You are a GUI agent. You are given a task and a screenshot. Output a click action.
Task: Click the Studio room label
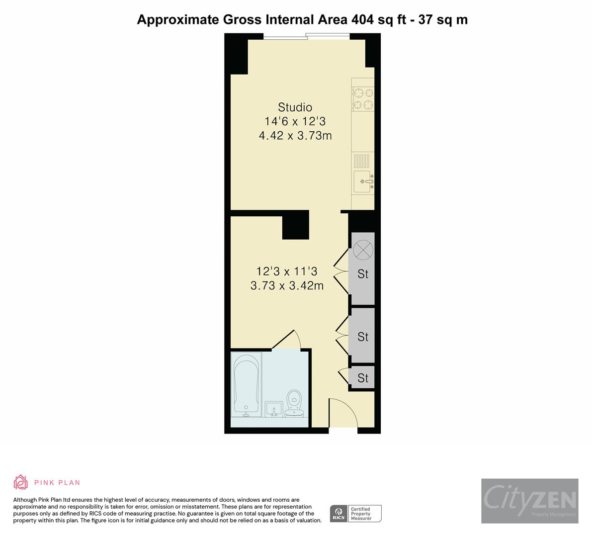[x=295, y=107]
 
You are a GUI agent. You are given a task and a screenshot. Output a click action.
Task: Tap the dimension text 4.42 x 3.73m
[x=295, y=135]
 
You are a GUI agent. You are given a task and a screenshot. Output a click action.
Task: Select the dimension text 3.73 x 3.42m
[x=287, y=285]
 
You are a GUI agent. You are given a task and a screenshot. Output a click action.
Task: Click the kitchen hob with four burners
[x=363, y=98]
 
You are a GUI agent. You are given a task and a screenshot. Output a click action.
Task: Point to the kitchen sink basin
[x=362, y=181]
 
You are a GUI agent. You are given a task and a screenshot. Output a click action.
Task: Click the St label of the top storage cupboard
[x=363, y=274]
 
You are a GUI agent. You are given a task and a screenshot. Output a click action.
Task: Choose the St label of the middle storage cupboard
[x=363, y=337]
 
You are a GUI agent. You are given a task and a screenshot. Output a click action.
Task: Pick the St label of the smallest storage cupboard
[x=363, y=378]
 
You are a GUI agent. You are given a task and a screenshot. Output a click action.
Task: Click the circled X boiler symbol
[x=363, y=249]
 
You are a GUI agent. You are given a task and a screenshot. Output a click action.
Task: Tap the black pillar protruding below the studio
[x=295, y=224]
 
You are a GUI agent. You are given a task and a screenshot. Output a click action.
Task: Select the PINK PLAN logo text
[x=57, y=482]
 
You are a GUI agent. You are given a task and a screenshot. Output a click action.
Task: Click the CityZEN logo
[x=529, y=500]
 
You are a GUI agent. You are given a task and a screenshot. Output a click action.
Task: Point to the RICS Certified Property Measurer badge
[x=356, y=513]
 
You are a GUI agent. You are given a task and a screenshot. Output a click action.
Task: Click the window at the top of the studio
[x=307, y=36]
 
